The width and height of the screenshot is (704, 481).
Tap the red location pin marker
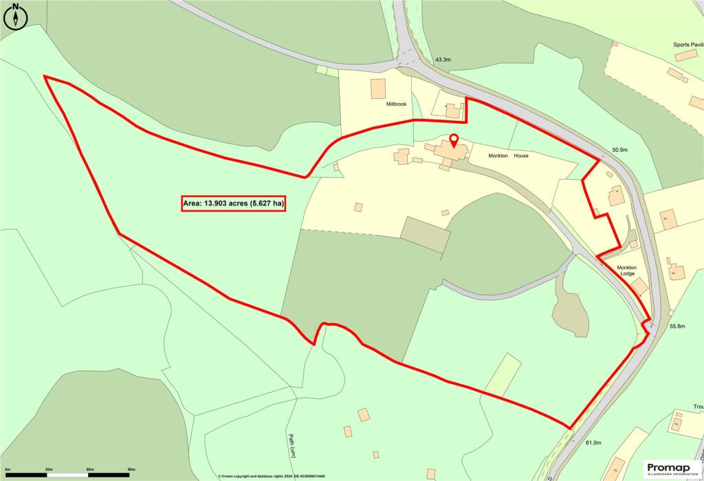453,142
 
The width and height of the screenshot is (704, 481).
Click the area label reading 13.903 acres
233,203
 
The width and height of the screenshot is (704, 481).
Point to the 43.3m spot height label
443,60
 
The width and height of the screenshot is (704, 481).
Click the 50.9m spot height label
620,149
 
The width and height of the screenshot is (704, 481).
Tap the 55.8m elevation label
676,326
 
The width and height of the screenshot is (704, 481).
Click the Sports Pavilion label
688,45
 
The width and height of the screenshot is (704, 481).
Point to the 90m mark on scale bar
131,469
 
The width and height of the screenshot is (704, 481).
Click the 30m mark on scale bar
49,469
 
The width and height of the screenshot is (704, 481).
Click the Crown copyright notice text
272,476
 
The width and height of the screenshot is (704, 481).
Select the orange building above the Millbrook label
378,89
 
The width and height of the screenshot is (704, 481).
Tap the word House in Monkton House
520,156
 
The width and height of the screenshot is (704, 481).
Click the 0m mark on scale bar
7,469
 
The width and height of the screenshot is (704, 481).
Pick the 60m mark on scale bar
90,469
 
